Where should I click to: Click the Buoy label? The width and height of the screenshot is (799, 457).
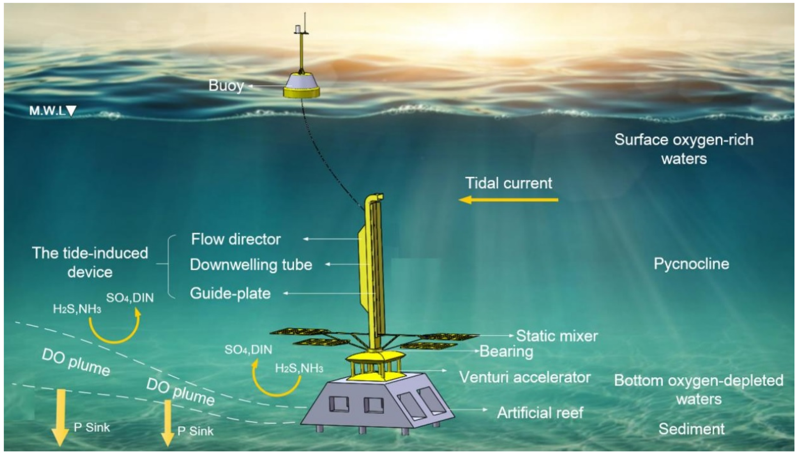226,85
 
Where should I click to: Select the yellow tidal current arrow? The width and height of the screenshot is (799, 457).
508,200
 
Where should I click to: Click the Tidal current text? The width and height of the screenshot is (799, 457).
508,183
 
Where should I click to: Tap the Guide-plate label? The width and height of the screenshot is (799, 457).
230,293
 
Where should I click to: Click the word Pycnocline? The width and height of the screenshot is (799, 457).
691,264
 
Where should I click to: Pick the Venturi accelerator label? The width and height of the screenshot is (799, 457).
525,377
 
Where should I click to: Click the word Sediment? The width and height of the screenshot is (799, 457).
692,429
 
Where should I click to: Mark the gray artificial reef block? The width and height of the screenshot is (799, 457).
377,405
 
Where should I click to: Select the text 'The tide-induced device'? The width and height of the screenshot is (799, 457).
90,262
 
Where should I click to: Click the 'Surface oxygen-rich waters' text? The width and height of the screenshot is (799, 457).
684,149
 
